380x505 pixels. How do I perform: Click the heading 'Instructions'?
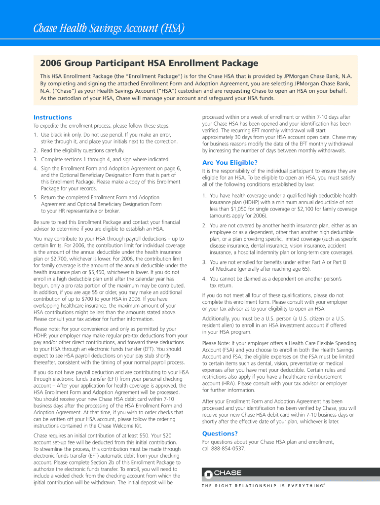pos(52,117)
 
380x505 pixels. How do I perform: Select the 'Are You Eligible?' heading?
pos(230,163)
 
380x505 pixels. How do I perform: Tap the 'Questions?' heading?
pos(220,433)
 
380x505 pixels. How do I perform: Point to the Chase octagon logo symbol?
pos(208,473)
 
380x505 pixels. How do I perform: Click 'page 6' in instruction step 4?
pos(170,168)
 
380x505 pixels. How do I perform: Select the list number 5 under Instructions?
pos(36,197)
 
